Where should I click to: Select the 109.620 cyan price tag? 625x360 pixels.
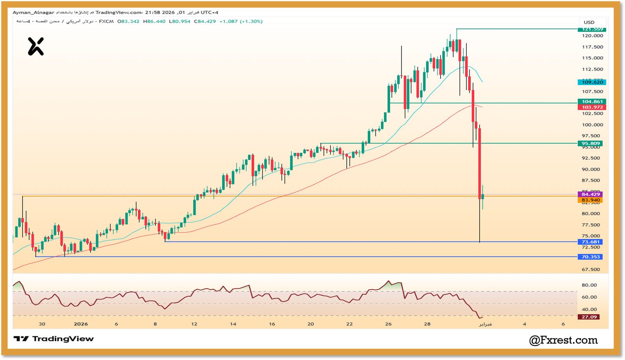pyautogui.click(x=592, y=82)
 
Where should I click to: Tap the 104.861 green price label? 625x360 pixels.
pyautogui.click(x=592, y=102)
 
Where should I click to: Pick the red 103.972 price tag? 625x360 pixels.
pyautogui.click(x=592, y=107)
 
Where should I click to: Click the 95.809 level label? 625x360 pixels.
pyautogui.click(x=590, y=143)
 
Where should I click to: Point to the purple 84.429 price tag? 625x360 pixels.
pyautogui.click(x=590, y=194)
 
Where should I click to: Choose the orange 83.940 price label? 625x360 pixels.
pyautogui.click(x=590, y=200)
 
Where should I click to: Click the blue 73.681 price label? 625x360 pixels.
pyautogui.click(x=590, y=242)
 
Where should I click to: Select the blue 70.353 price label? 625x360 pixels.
pyautogui.click(x=590, y=257)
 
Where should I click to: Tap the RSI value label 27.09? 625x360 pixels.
pyautogui.click(x=589, y=317)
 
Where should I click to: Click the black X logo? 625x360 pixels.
pyautogui.click(x=36, y=47)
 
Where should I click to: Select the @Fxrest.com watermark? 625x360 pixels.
pyautogui.click(x=563, y=340)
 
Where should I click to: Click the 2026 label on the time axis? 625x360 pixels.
pyautogui.click(x=81, y=324)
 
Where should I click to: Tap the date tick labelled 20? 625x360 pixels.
pyautogui.click(x=311, y=324)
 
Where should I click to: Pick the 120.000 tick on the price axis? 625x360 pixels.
pyautogui.click(x=592, y=36)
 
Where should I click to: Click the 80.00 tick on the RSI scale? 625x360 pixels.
pyautogui.click(x=589, y=285)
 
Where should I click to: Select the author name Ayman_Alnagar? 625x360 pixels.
pyautogui.click(x=33, y=13)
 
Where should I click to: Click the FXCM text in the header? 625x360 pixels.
pyautogui.click(x=106, y=21)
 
